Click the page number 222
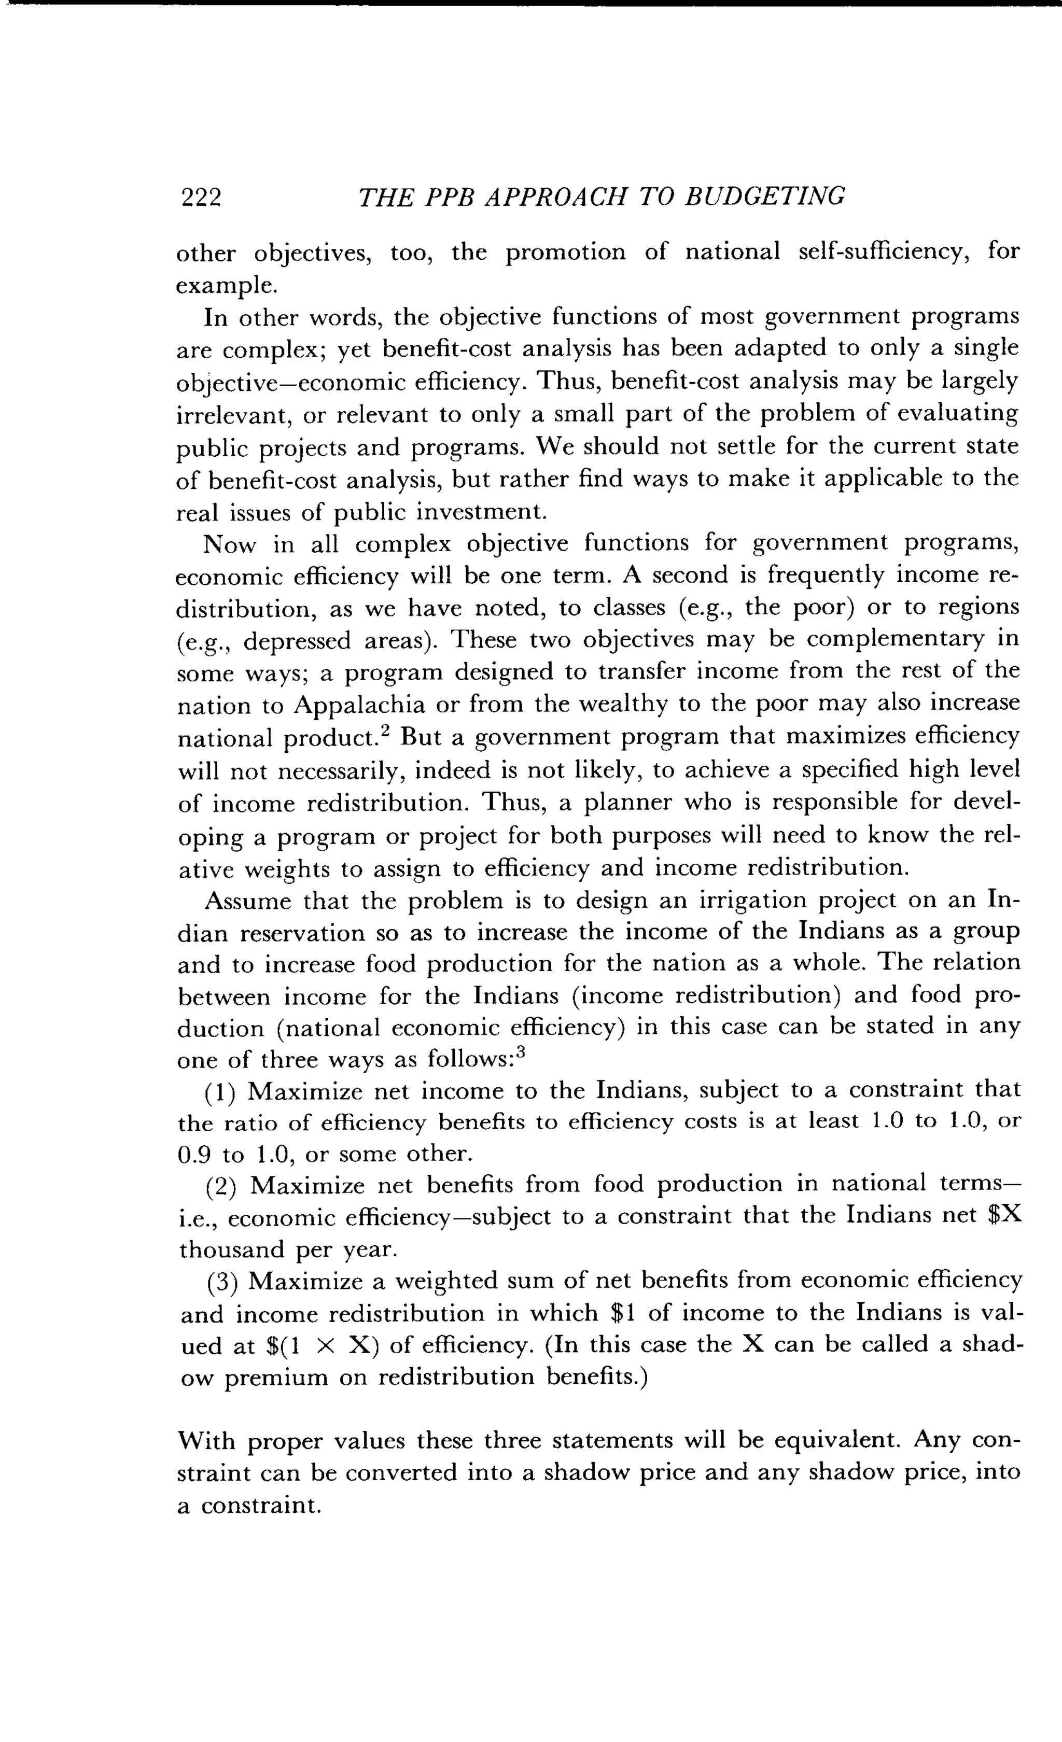201,197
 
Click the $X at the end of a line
1004,1217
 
